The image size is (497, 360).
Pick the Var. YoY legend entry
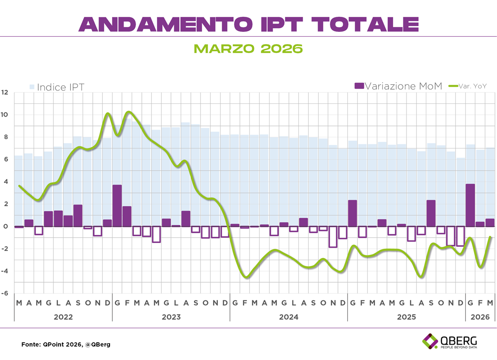468,86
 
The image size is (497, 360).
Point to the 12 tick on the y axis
5,92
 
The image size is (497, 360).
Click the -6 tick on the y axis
5,293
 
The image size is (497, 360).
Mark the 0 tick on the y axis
5,226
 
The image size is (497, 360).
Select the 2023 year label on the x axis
171,317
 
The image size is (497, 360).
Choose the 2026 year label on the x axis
480,317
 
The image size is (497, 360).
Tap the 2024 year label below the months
288,317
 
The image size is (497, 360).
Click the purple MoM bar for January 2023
117,205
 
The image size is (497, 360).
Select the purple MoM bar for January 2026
470,205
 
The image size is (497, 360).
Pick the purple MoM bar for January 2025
353,213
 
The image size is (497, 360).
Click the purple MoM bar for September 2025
431,213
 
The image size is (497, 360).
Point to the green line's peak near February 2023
129,112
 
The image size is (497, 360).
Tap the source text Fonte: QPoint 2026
66,344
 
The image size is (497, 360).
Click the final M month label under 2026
490,303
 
